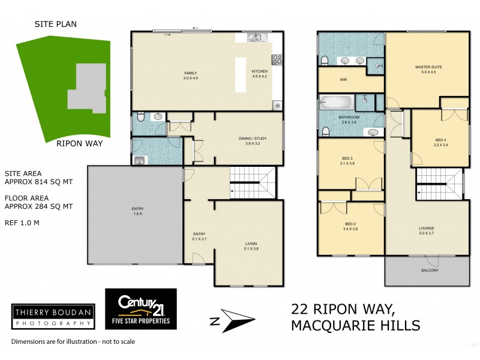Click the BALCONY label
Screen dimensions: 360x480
(430, 270)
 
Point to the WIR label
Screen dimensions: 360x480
(344, 80)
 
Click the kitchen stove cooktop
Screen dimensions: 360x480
(278, 59)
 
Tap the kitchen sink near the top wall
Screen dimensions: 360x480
(255, 38)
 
